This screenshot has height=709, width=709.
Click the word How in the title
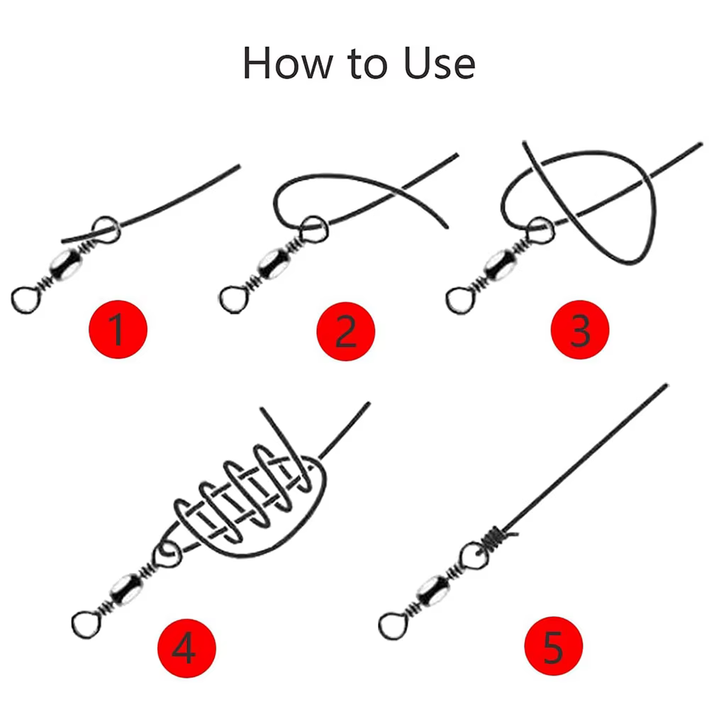pyautogui.click(x=288, y=63)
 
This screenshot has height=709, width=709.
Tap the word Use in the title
pyautogui.click(x=439, y=63)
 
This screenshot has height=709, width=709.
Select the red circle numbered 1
pyautogui.click(x=118, y=329)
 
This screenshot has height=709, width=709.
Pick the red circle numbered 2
pyautogui.click(x=346, y=331)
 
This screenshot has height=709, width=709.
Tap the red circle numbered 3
pyautogui.click(x=580, y=330)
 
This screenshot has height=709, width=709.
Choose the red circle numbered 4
pyautogui.click(x=186, y=649)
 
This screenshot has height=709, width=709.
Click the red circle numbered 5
pyautogui.click(x=554, y=646)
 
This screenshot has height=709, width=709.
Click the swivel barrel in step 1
pyautogui.click(x=66, y=264)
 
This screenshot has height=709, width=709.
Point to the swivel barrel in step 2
pyautogui.click(x=273, y=263)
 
